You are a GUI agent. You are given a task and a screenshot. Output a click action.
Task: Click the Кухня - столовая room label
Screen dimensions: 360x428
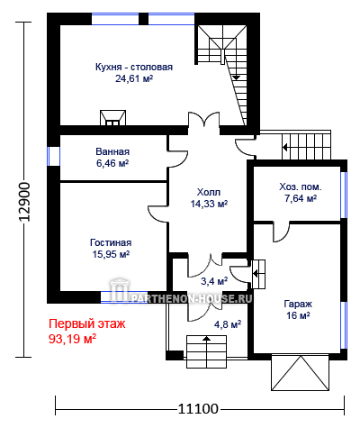[134, 67]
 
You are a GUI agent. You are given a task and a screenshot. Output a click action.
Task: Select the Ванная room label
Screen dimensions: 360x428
[112, 151]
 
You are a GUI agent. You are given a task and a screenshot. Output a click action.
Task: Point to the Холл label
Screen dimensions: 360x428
[209, 192]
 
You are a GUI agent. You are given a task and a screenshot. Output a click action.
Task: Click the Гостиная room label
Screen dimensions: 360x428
[111, 242]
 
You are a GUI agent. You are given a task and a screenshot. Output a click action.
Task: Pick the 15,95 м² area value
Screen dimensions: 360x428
[111, 254]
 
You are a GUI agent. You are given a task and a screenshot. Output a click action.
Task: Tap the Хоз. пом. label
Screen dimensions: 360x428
[301, 187]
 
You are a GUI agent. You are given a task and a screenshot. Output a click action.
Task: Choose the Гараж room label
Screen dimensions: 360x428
[298, 304]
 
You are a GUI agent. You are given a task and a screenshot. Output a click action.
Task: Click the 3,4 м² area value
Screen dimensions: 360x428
[214, 281]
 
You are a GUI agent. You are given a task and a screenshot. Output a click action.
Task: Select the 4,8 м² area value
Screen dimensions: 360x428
[228, 324]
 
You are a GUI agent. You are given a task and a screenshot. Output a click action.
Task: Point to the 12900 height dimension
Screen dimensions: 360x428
[24, 202]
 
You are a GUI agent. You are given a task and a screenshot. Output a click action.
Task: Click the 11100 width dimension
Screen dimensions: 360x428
[198, 409]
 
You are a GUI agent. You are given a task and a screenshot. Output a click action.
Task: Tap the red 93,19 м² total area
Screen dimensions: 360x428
[72, 339]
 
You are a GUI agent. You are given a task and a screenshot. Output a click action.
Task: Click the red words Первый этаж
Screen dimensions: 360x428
[87, 324]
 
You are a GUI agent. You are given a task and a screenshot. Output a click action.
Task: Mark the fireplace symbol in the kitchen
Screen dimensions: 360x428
[112, 118]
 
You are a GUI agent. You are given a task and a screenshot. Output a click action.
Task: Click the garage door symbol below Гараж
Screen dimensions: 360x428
[301, 373]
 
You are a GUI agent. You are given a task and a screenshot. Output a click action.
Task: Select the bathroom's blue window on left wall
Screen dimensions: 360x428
[53, 156]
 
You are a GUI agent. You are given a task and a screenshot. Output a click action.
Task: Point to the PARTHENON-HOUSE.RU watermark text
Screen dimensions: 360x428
[192, 298]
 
